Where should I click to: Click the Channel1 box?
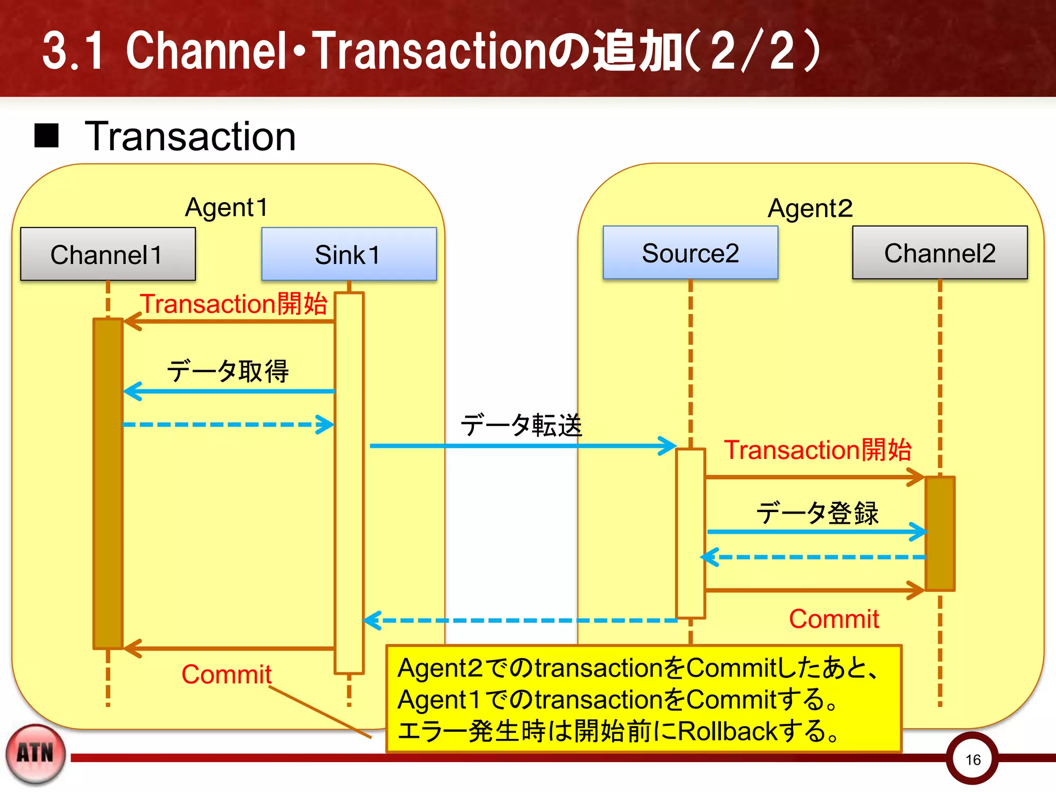108,254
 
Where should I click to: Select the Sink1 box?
349,254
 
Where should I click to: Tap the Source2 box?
690,253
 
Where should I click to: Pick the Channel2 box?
939,253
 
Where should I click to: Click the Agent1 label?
226,208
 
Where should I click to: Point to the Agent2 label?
810,209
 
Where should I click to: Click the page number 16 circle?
972,759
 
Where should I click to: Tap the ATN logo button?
35,754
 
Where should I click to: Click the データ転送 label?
521,425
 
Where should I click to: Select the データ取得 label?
227,371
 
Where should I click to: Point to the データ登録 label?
817,513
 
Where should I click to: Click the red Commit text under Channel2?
834,619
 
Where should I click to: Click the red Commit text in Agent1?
226,674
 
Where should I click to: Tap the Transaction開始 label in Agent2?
818,450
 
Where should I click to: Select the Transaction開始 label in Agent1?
234,304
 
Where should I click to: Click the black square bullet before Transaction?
46,136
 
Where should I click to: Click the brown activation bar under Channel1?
108,484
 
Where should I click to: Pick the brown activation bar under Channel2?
939,533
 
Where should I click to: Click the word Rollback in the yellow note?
727,731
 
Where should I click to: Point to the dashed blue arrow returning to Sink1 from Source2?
521,620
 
